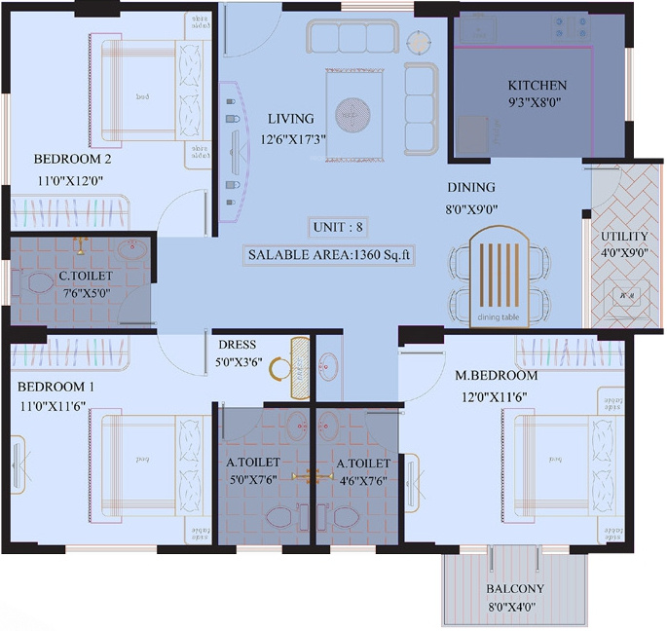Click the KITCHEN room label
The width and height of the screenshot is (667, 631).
coord(537,86)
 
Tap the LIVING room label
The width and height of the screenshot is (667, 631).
coord(290,119)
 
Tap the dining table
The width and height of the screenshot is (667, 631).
coord(499,276)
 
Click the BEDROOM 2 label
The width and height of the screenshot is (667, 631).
coord(72,160)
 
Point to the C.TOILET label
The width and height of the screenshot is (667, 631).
coord(39,277)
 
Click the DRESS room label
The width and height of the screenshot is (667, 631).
coord(238,345)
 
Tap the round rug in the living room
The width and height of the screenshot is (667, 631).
coord(353,114)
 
